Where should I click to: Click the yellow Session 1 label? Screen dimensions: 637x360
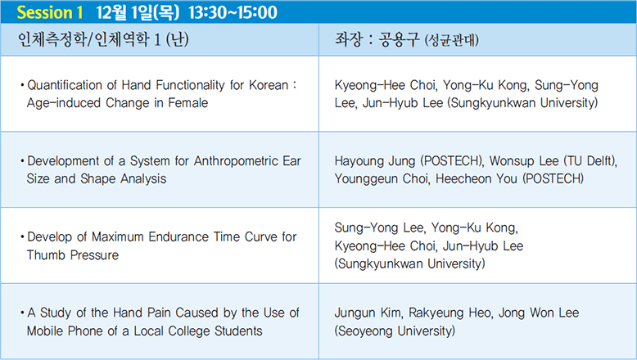(x=50, y=12)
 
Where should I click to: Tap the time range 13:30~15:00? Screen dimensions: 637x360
(x=233, y=12)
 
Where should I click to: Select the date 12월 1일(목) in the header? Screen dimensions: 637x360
(x=138, y=12)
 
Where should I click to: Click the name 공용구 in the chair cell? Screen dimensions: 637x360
(x=399, y=39)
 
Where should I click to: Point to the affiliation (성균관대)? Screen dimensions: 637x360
(x=451, y=40)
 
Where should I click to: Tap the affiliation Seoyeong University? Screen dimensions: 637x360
(x=395, y=331)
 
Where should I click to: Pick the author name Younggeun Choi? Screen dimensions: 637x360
(x=382, y=179)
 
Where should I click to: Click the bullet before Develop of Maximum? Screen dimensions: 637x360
(x=22, y=237)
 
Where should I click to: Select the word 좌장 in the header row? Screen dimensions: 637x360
(x=348, y=39)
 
